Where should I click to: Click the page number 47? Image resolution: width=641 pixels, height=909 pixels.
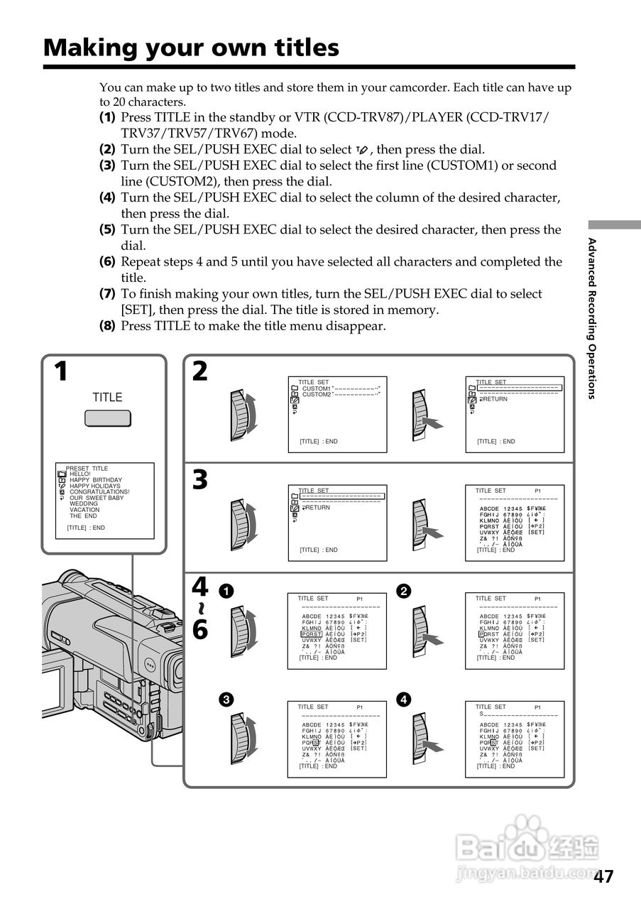pyautogui.click(x=603, y=877)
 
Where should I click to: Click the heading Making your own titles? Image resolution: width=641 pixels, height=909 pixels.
pyautogui.click(x=191, y=48)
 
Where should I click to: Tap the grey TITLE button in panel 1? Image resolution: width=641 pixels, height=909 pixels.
pyautogui.click(x=107, y=418)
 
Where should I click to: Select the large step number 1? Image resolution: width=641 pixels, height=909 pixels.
pyautogui.click(x=62, y=371)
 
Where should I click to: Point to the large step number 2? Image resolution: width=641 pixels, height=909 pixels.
pyautogui.click(x=200, y=371)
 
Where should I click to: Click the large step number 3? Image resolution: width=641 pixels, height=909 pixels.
pyautogui.click(x=200, y=481)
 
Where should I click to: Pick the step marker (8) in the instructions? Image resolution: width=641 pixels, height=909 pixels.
pyautogui.click(x=107, y=326)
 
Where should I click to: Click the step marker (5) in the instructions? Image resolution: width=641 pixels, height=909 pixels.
pyautogui.click(x=107, y=230)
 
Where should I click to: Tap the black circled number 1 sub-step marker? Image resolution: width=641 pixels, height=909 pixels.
pyautogui.click(x=225, y=591)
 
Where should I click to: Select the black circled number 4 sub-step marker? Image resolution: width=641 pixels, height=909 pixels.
pyautogui.click(x=403, y=700)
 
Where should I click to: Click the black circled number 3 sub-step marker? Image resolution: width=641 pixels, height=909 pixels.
pyautogui.click(x=225, y=700)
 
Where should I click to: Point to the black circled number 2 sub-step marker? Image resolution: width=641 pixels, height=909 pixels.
pyautogui.click(x=403, y=591)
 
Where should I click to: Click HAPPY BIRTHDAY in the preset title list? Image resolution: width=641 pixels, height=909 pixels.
pyautogui.click(x=96, y=480)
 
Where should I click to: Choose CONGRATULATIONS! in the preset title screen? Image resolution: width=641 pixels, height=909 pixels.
pyautogui.click(x=99, y=492)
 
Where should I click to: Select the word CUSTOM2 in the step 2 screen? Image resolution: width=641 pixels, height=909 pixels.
pyautogui.click(x=317, y=394)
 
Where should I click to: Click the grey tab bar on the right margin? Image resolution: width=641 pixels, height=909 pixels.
pyautogui.click(x=614, y=224)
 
